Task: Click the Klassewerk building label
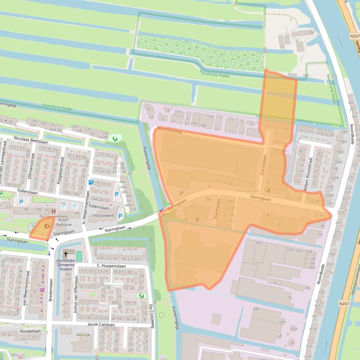tap(104, 216)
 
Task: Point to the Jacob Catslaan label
tap(101, 324)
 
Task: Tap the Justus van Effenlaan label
tap(75, 295)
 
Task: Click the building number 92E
tap(258, 242)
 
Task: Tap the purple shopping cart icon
tap(42, 289)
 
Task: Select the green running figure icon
tap(269, 190)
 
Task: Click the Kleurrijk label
tap(83, 335)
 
